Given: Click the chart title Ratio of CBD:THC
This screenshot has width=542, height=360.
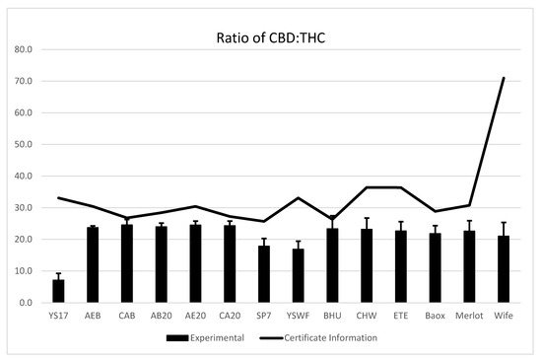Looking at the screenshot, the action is click(x=271, y=38).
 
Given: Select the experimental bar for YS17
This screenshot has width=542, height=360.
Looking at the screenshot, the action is click(x=58, y=291).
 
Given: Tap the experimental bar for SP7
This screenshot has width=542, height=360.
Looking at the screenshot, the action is click(x=264, y=274).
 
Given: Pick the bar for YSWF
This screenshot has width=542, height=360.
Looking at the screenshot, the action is click(x=299, y=275).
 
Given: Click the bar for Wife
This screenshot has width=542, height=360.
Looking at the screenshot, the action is click(x=504, y=269).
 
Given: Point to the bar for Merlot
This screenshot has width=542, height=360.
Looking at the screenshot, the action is click(x=469, y=266).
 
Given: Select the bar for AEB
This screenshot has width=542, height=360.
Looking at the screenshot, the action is click(x=93, y=265).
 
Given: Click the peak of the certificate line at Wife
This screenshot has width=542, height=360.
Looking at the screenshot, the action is click(x=504, y=78).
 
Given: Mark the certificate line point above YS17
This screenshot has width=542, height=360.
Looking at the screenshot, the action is click(x=58, y=198).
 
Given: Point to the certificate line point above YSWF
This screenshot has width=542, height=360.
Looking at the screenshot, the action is click(x=299, y=198).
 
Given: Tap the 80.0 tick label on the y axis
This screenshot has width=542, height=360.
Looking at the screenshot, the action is click(x=24, y=49).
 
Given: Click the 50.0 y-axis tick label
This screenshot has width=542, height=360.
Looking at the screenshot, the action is click(x=24, y=145).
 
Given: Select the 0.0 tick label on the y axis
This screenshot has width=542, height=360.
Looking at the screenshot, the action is click(x=26, y=303).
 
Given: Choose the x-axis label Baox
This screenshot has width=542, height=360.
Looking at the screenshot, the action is click(x=436, y=316).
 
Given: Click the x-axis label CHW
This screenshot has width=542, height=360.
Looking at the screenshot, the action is click(x=367, y=316).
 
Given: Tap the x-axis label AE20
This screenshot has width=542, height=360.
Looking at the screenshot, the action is click(x=196, y=316).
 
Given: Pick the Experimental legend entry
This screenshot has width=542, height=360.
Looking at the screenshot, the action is click(x=205, y=338).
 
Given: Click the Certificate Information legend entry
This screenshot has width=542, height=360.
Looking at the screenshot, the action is click(x=318, y=338).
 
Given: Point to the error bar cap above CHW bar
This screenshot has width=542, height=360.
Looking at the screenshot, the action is click(x=367, y=218).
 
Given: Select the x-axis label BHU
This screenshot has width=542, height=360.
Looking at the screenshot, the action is click(x=332, y=316).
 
